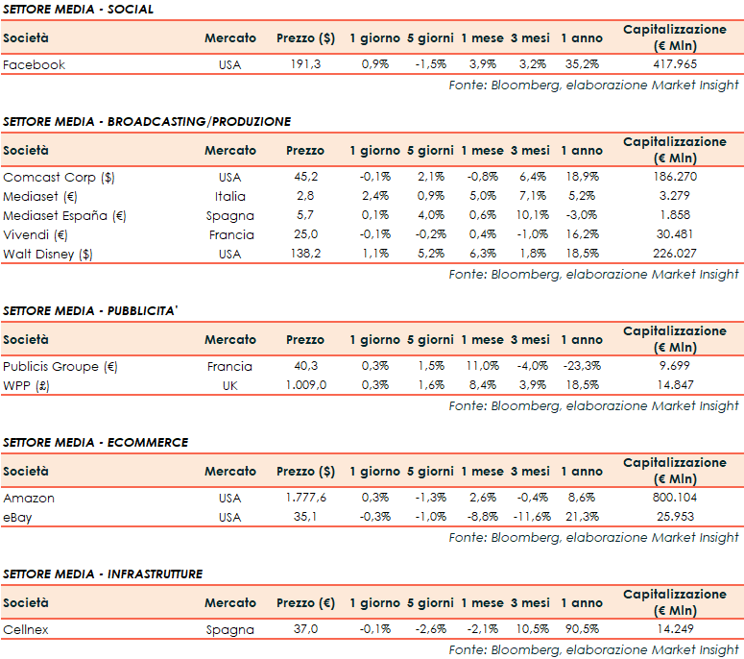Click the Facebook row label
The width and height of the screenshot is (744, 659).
[34, 65]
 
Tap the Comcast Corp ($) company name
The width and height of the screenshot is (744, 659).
[59, 178]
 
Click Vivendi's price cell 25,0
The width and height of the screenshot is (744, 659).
[305, 235]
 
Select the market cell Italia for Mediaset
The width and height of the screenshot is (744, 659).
[229, 197]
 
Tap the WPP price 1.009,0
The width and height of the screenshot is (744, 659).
[305, 386]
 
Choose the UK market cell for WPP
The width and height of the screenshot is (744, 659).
[229, 386]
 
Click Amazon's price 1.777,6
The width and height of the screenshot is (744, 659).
[305, 499]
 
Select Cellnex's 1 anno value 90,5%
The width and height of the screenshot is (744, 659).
[583, 630]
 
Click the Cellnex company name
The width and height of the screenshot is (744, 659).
[28, 630]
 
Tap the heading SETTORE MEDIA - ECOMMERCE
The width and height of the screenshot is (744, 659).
[96, 443]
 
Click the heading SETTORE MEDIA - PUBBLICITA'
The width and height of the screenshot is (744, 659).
[99, 311]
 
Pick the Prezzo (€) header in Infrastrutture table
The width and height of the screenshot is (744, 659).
[305, 603]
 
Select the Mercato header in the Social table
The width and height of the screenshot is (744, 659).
[230, 38]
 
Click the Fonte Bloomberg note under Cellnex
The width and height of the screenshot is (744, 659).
[593, 650]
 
